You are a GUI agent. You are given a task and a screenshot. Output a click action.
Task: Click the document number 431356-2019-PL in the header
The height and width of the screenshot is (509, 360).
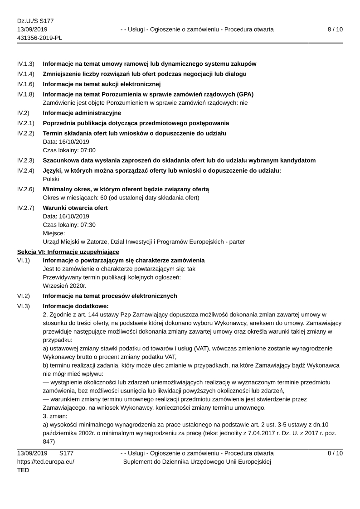point(39,38)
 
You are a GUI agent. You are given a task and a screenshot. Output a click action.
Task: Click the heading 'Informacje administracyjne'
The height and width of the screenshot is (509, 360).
point(82,112)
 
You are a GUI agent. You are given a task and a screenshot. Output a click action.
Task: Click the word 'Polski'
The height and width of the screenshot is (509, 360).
point(51,179)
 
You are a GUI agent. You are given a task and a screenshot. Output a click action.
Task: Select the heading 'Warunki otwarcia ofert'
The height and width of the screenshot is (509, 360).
point(75,208)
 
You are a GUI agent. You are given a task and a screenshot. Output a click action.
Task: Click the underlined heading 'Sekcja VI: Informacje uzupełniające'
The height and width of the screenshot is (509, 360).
point(68,252)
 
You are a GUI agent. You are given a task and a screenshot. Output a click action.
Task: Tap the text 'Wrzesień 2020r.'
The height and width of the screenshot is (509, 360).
point(64,286)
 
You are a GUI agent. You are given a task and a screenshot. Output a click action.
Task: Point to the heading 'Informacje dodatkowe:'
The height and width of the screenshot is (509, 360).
point(76,306)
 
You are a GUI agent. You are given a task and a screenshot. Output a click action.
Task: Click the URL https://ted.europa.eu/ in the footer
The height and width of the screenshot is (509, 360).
point(46,461)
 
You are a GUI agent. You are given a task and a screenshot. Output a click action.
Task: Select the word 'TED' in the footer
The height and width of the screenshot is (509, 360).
point(23,470)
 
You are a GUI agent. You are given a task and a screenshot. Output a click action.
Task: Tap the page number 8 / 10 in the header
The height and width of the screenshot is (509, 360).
point(335,29)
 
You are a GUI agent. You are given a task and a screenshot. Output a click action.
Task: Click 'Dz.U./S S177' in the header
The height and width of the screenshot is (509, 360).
point(35,21)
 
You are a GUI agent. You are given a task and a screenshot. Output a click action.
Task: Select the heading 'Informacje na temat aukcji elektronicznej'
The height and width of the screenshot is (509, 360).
point(102,84)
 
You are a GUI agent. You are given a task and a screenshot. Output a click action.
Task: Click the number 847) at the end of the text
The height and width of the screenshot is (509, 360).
point(49,441)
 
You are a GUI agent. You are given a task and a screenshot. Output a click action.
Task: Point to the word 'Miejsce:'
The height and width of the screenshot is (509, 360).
point(54,233)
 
